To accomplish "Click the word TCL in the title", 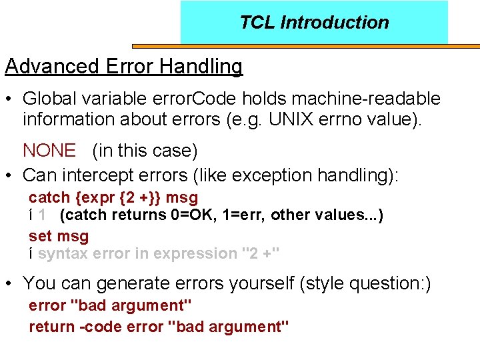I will coord(257,23).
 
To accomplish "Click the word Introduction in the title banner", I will coord(335,23).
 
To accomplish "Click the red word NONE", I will coord(49,151).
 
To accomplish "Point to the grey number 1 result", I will coord(42,215).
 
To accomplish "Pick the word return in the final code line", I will coord(50,327).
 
